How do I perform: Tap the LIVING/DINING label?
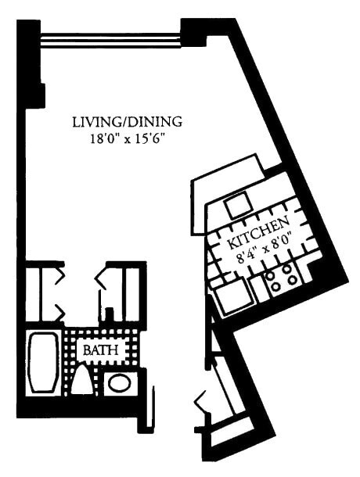point(127,122)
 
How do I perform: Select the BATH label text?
point(102,350)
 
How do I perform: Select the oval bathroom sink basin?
point(118,383)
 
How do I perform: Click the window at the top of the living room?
point(110,38)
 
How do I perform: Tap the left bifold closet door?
point(56,296)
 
